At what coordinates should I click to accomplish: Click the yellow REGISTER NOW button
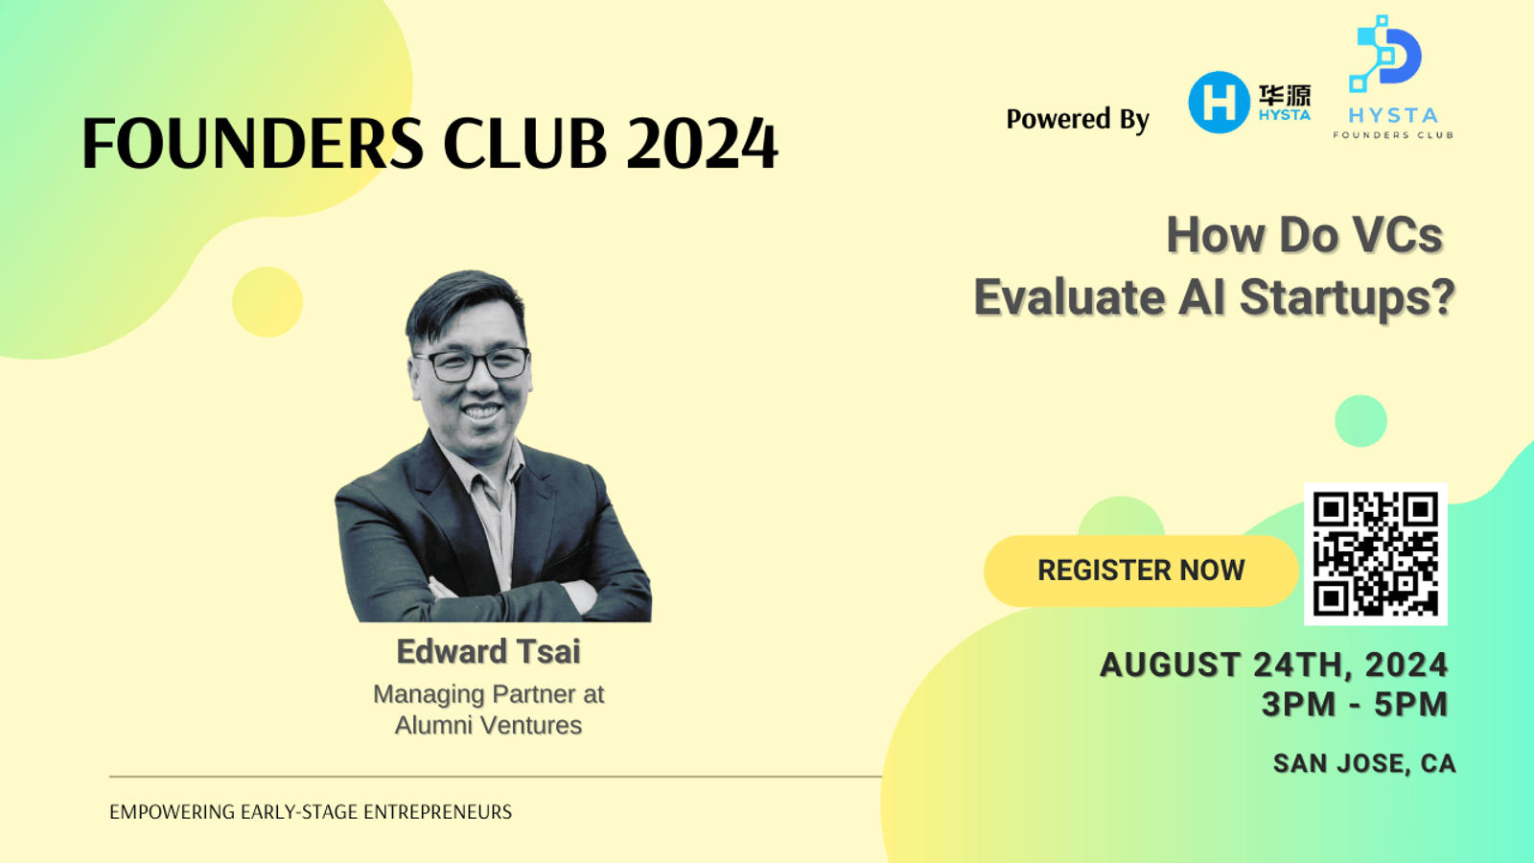pos(1141,571)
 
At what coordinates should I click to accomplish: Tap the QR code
pos(1375,553)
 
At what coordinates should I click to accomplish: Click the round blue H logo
pos(1219,102)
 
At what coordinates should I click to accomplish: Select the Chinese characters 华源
pos(1285,95)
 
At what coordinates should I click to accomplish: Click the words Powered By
pos(1078,119)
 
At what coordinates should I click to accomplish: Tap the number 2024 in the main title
pos(702,143)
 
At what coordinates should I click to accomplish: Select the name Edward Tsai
pos(488,651)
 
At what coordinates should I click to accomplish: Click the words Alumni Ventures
pos(488,725)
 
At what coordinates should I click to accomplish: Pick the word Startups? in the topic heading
pos(1347,298)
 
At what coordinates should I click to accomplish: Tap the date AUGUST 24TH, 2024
pos(1274,665)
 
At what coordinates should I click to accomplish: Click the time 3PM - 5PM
pos(1355,705)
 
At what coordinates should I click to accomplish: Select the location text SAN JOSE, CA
pos(1364,763)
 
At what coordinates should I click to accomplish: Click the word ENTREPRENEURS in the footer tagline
pos(437,812)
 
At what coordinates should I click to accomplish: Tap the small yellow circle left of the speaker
pos(267,302)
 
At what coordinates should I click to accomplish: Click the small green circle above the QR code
pos(1360,421)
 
